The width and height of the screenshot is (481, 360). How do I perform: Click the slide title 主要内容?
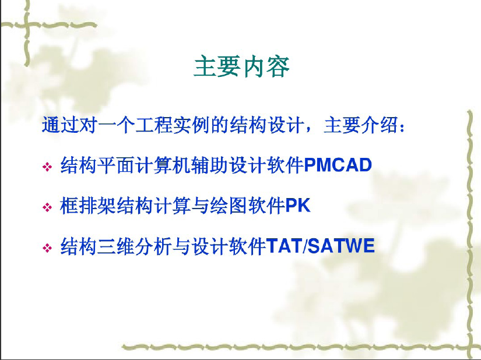[x=242, y=66]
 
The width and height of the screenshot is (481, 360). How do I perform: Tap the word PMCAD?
[x=338, y=165]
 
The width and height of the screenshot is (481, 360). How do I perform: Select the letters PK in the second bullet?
[x=297, y=205]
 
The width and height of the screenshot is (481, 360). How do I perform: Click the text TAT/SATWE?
[x=320, y=246]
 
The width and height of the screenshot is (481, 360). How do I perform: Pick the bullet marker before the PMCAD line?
[x=47, y=167]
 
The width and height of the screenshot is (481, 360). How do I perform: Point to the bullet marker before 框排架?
[x=47, y=207]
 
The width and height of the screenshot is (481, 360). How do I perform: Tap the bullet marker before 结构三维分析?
[x=47, y=248]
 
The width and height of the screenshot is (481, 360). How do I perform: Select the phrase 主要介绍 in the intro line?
[x=361, y=125]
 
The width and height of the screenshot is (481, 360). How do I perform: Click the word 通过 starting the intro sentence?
[x=60, y=125]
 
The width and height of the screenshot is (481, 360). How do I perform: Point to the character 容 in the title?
[x=278, y=66]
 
